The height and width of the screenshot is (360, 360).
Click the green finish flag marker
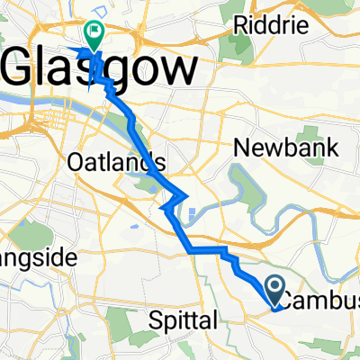94,32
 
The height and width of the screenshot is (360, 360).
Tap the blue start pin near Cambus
274,291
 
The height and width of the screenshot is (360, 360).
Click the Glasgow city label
102,69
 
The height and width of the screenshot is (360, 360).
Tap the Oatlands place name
117,162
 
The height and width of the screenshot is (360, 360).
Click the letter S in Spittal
153,319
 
